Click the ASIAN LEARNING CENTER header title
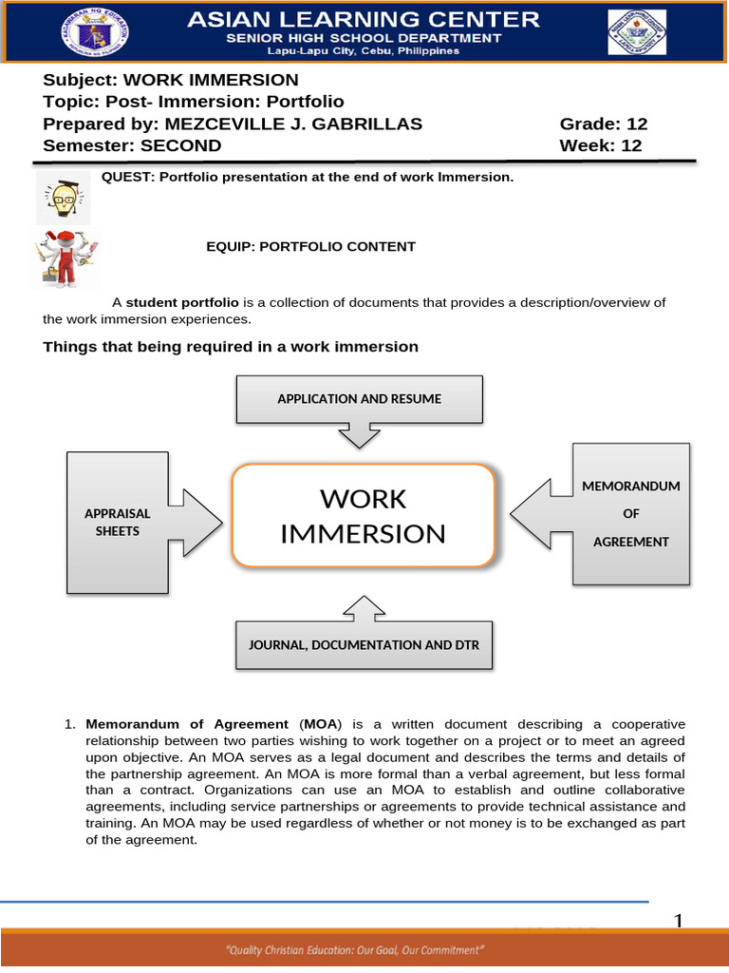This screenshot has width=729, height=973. click(x=364, y=18)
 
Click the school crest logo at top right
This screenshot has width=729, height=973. click(x=636, y=34)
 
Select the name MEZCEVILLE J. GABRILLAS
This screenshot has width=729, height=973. click(x=293, y=124)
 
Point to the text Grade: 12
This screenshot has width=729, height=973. click(x=603, y=124)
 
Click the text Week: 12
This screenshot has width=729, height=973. click(x=600, y=145)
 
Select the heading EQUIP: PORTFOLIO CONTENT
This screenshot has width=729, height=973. click(x=310, y=247)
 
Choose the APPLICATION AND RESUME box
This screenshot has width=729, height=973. click(x=359, y=399)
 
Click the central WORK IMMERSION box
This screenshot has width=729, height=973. click(x=363, y=516)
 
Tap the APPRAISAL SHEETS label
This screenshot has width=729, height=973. click(x=118, y=522)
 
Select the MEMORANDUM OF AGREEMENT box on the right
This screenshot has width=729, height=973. click(x=630, y=514)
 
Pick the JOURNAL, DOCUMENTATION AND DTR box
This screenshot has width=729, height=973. click(x=364, y=645)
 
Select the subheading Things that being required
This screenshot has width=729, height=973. click(x=231, y=347)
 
